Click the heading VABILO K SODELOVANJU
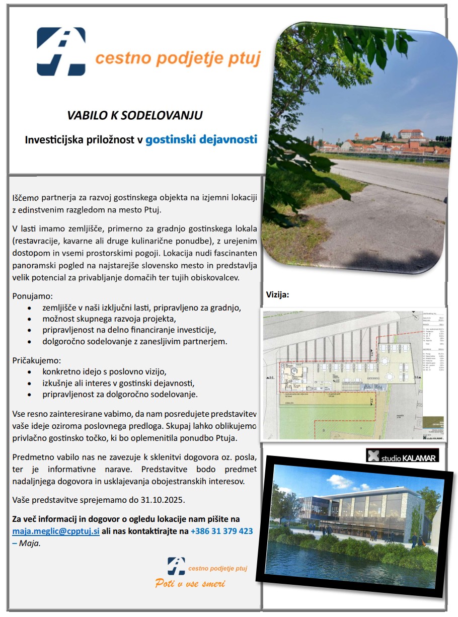135,115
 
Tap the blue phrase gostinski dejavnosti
201,139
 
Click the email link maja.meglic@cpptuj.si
56,531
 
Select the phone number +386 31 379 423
221,531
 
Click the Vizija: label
277,295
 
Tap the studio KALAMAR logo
402,456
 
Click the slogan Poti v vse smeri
190,584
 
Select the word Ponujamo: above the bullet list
32,296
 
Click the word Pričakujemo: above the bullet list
36,361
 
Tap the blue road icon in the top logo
61,51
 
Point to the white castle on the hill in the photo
410,134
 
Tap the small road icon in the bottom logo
176,566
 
